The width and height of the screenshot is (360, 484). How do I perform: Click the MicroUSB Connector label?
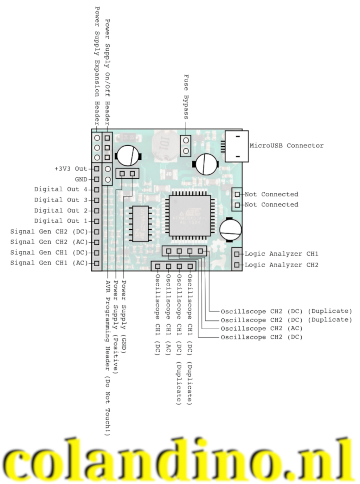tap(286, 146)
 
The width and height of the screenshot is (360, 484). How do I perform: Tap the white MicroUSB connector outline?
tap(236, 146)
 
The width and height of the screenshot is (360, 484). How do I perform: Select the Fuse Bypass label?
tap(186, 97)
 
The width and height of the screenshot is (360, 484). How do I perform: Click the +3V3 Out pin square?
tap(96, 169)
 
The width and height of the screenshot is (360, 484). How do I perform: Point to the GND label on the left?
tap(81, 179)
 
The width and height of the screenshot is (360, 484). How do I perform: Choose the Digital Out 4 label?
tap(60, 189)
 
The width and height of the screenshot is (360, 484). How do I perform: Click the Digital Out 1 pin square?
tap(96, 221)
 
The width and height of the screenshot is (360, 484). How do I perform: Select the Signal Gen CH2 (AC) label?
tap(49, 242)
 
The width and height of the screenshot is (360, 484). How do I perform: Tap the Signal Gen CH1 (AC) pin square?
tap(96, 263)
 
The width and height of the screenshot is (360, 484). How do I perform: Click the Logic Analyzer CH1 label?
tap(281, 254)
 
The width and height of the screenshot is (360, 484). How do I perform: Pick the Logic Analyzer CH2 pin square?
tap(237, 265)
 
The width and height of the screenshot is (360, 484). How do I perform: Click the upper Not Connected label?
tap(271, 194)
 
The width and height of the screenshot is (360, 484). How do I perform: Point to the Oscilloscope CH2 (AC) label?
tap(262, 329)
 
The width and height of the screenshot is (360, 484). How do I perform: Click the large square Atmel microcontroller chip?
tap(189, 215)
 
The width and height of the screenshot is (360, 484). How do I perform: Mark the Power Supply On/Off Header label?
tap(108, 72)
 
